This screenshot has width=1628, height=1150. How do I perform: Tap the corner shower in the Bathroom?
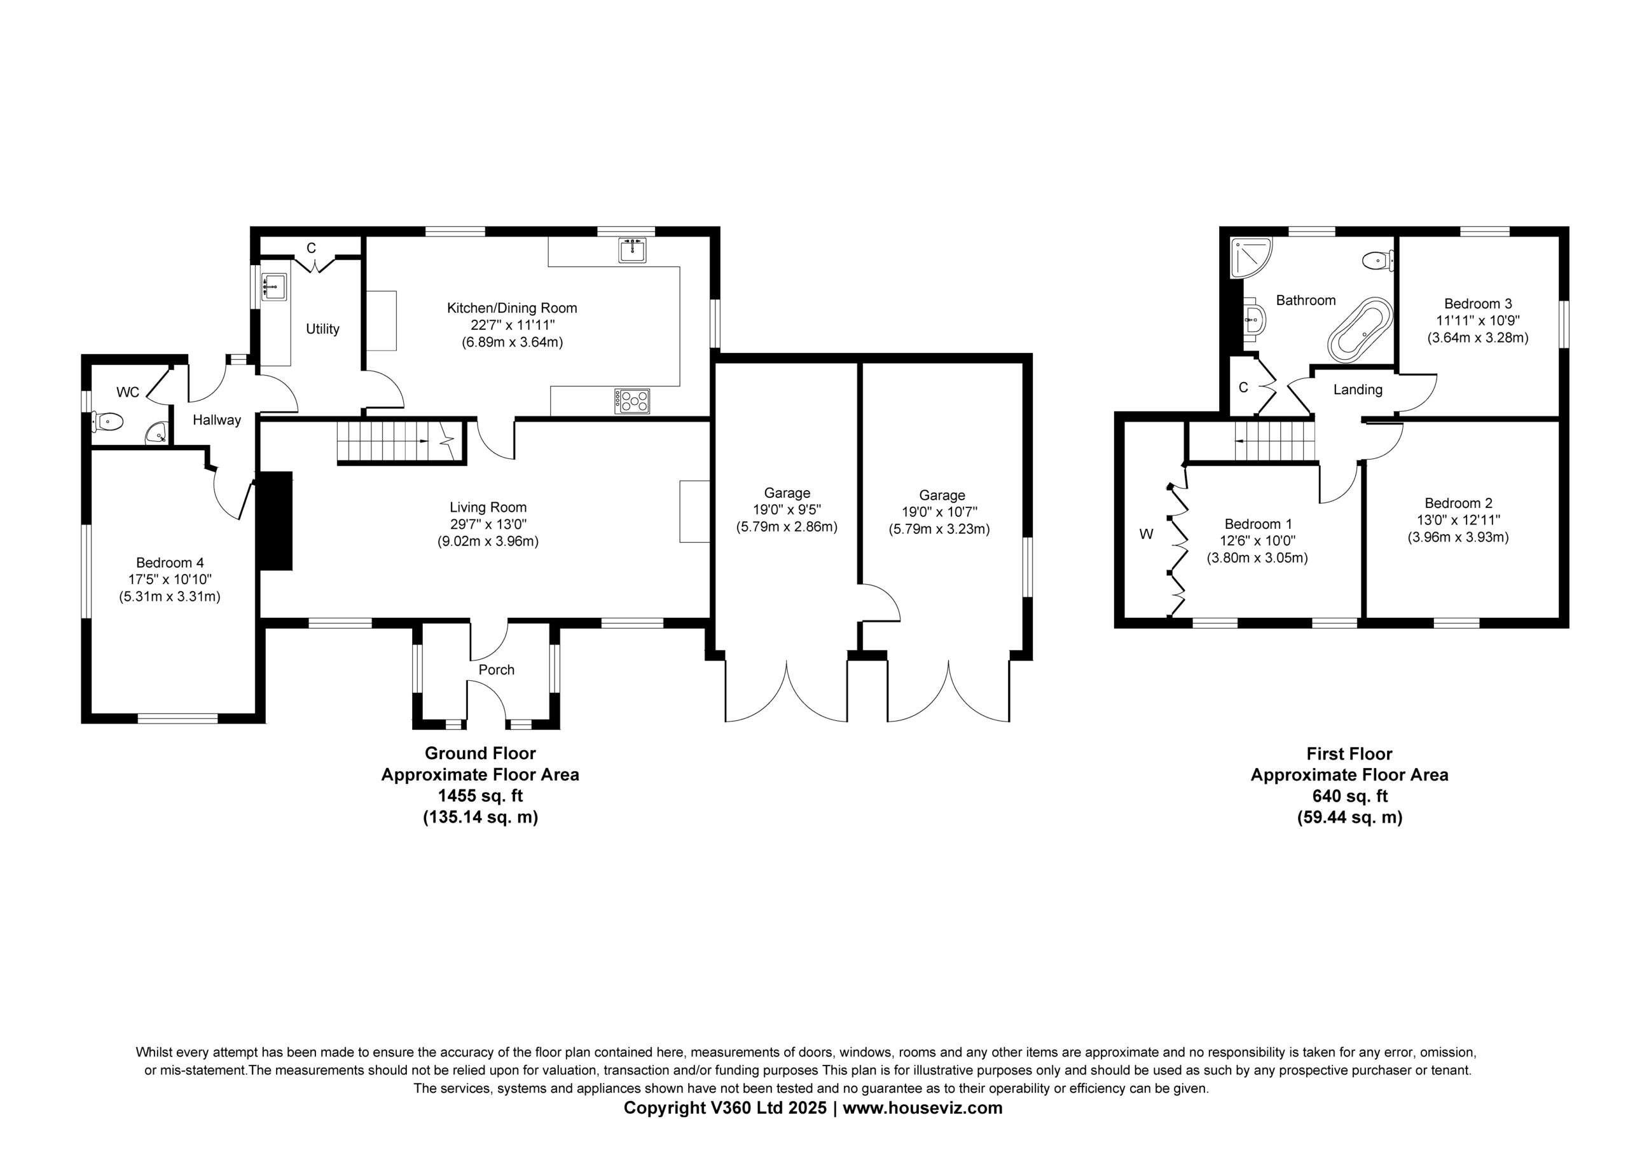(x=1252, y=257)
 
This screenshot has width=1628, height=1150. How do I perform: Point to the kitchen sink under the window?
(x=631, y=250)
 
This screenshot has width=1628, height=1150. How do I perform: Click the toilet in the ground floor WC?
(x=107, y=423)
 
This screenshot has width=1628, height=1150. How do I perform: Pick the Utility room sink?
(x=274, y=287)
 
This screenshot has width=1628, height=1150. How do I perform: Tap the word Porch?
(x=496, y=670)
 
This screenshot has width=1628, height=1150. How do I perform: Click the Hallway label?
(x=217, y=420)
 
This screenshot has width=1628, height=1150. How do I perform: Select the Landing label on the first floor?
(x=1358, y=390)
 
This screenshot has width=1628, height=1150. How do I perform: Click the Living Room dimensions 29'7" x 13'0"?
(x=488, y=524)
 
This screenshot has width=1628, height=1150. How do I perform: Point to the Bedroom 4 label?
(x=170, y=563)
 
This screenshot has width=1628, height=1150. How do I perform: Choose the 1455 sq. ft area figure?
(x=481, y=795)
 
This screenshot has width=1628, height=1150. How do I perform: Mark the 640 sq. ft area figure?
(x=1349, y=796)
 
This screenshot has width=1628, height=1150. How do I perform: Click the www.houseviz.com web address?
(x=923, y=1108)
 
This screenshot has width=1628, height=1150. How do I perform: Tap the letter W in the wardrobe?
(x=1147, y=535)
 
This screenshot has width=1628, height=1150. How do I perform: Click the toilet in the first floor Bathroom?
(x=1377, y=261)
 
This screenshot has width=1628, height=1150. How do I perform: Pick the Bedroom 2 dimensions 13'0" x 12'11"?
(x=1459, y=521)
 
